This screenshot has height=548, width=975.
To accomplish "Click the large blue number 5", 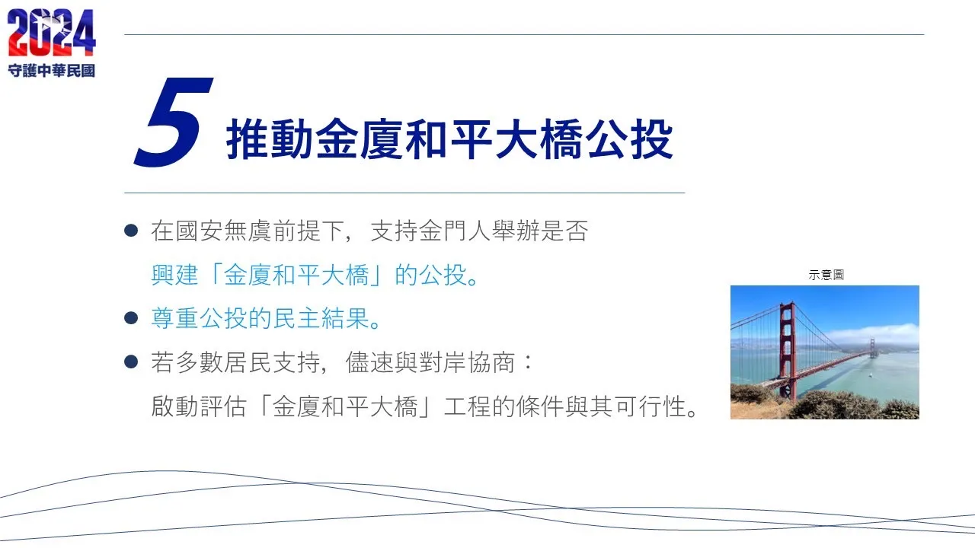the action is pos(173,122).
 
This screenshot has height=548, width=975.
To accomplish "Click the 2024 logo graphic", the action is pos(51,32).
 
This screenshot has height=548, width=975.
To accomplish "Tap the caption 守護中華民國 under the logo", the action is pos(51,71).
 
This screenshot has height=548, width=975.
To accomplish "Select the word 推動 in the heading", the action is pos(270,139).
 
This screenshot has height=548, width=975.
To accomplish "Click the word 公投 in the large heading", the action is pos(629,139).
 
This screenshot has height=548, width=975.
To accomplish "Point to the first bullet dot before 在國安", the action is pos(131,230).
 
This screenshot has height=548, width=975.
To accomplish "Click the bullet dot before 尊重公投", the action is pos(131,318).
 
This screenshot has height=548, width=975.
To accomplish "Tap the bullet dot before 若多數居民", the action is pos(131,362).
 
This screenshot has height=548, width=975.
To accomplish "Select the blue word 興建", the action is pos(175,275).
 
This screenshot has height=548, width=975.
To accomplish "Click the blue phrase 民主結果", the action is pos(322,318).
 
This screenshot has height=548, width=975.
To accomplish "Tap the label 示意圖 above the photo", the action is pos(826,275).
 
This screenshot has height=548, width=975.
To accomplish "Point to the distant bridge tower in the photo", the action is pos(872,348).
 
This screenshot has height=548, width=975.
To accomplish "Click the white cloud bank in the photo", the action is pos(875,333).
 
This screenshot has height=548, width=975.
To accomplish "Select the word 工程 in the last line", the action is pos(468,406).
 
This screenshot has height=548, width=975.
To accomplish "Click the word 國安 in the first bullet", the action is pos(200,231).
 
